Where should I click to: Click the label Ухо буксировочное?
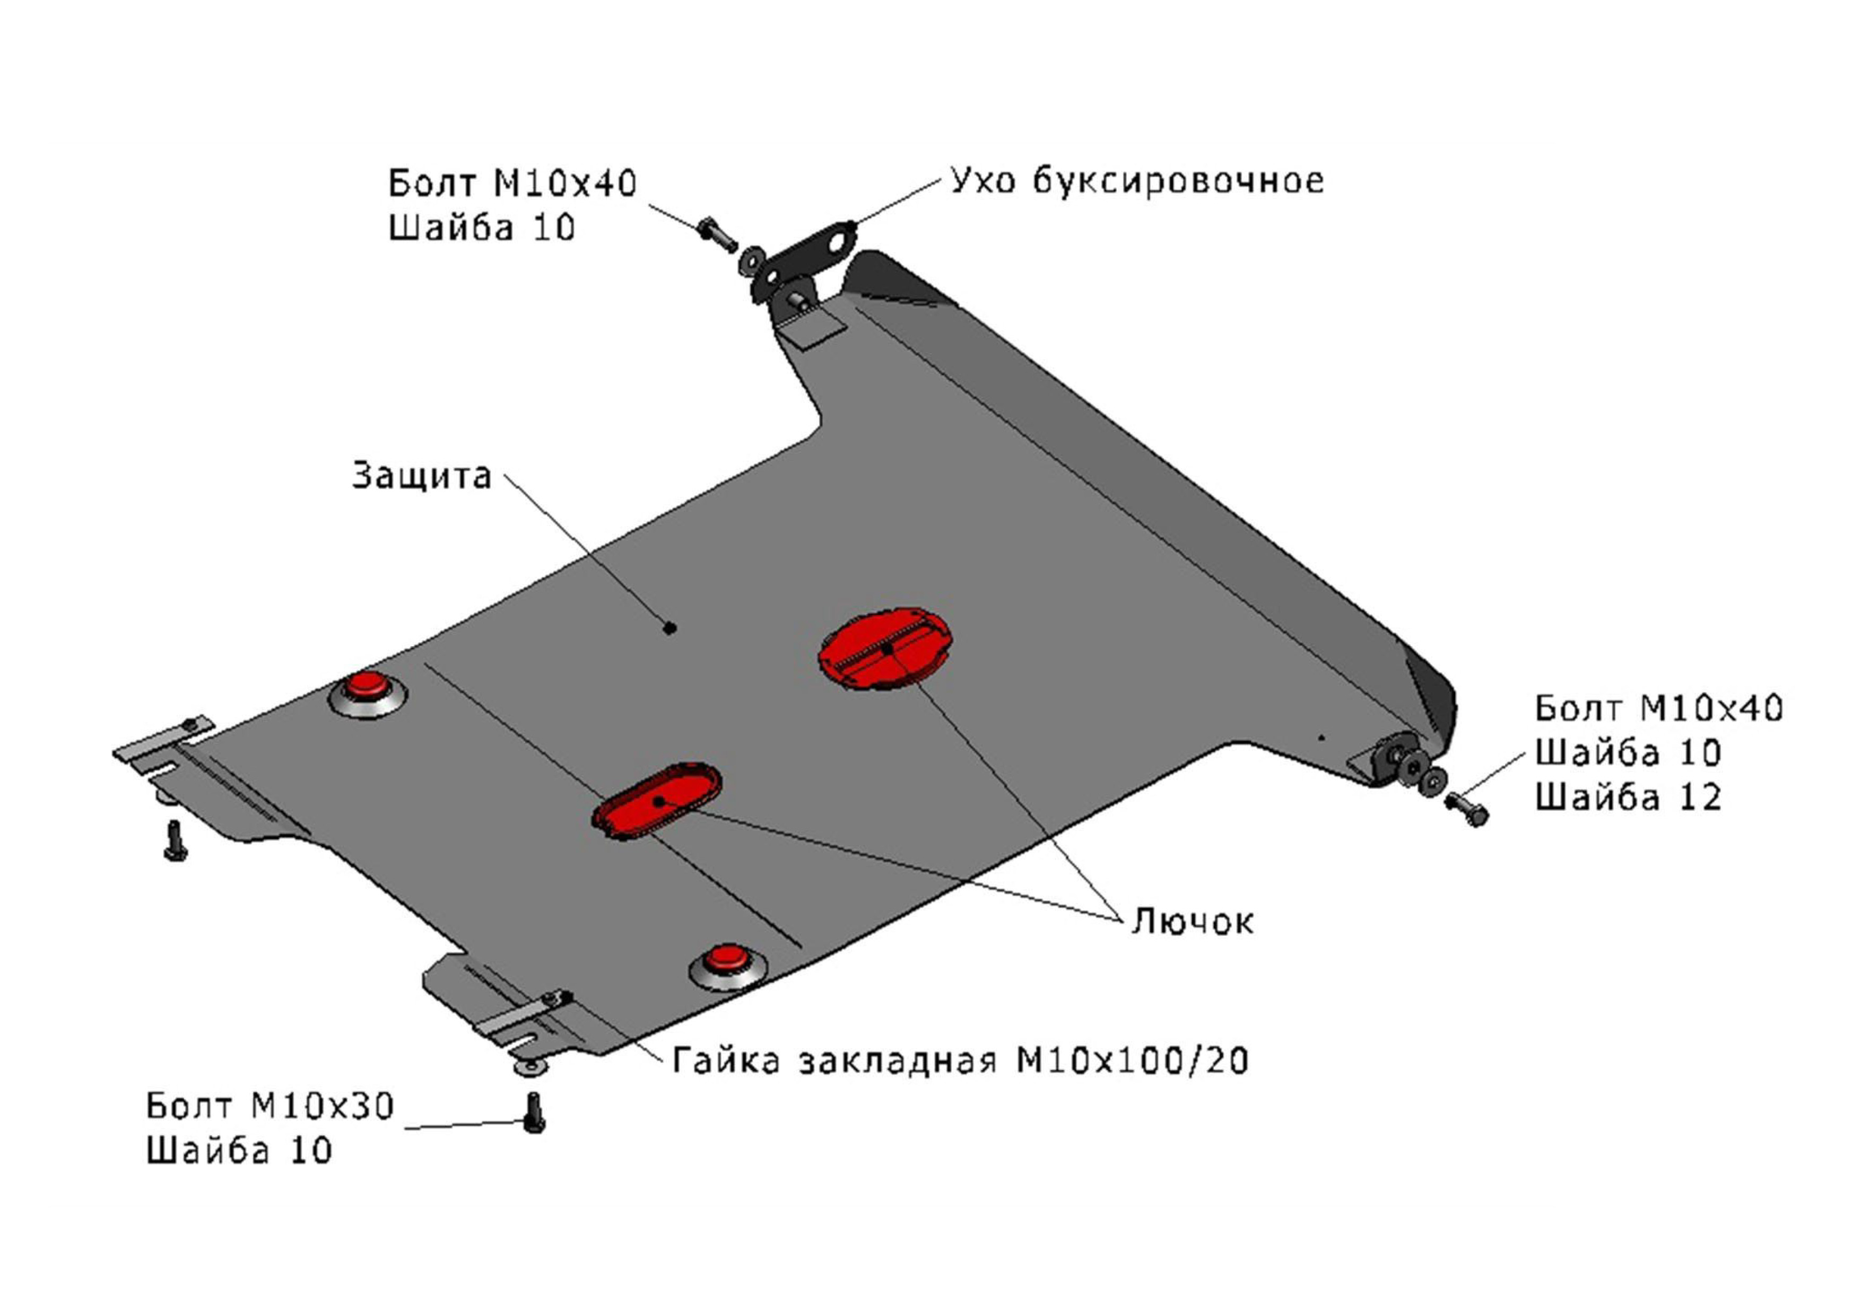point(1136,181)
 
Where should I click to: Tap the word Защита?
point(421,476)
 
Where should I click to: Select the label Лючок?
point(1192,920)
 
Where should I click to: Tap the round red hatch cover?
point(884,647)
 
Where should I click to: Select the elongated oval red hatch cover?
point(657,801)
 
